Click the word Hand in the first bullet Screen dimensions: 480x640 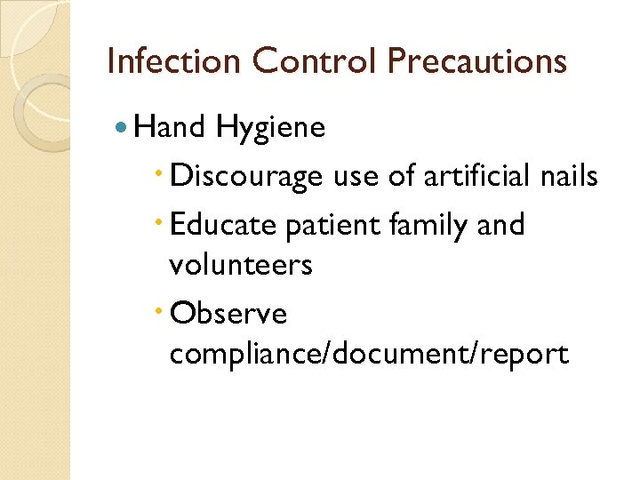point(172,129)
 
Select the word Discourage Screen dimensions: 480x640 point(246,178)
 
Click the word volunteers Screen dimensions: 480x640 point(241,265)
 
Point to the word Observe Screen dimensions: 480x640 point(228,313)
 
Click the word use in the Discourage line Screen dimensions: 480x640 point(353,178)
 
